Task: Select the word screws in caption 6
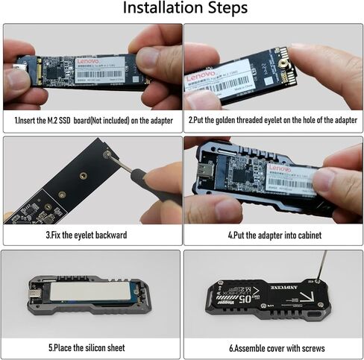pyautogui.click(x=313, y=348)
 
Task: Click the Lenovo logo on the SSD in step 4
pyautogui.click(x=277, y=169)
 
